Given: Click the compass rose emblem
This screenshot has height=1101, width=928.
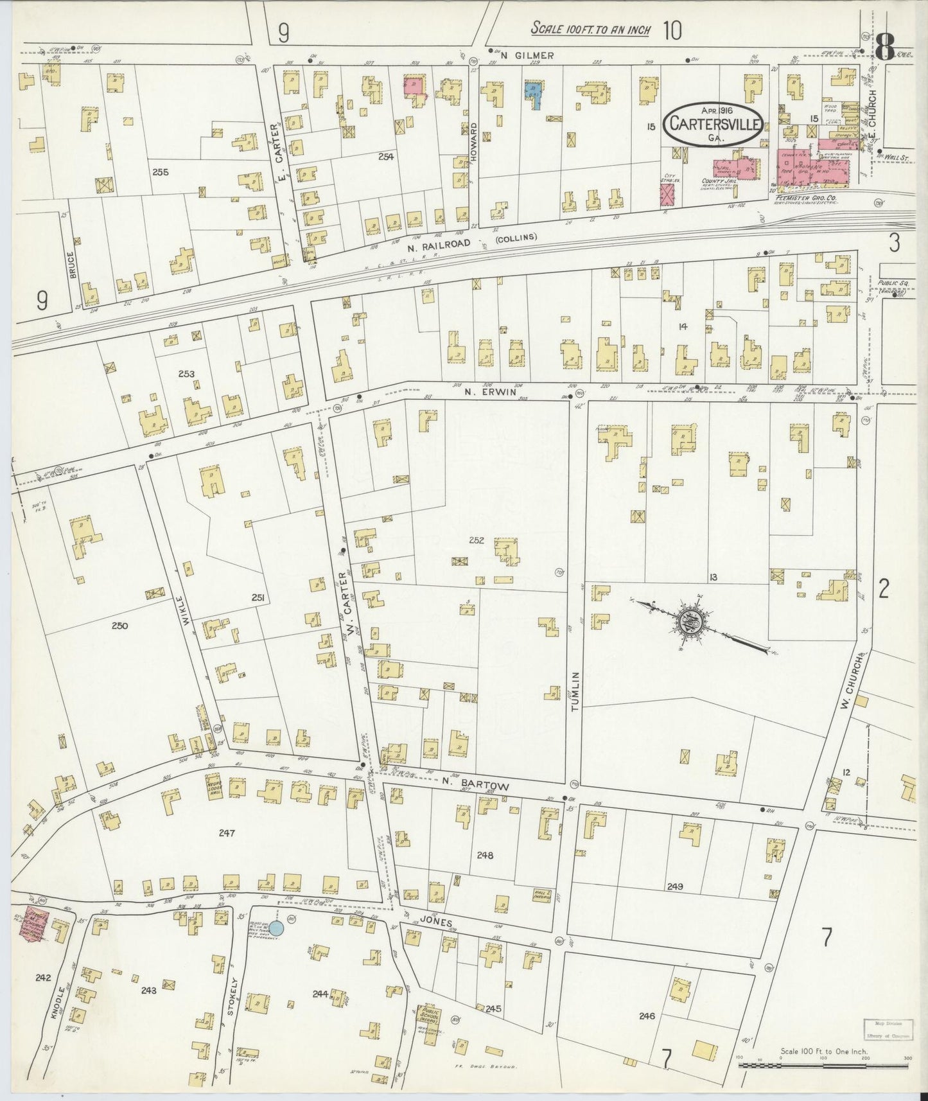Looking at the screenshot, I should click(692, 619).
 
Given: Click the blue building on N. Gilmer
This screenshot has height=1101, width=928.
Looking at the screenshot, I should click(533, 94).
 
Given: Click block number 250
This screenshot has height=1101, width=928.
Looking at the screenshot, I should click(119, 625).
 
